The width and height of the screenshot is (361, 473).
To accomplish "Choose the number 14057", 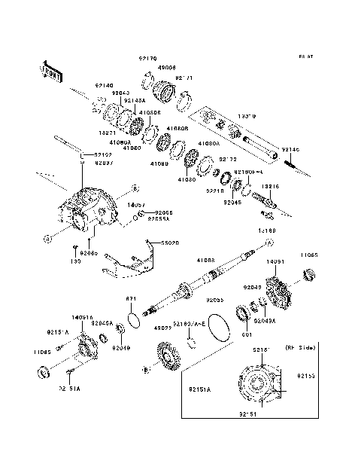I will [135, 204].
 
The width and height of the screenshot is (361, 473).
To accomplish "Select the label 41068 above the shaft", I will [206, 259].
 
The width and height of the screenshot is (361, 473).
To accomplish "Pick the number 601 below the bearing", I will [245, 335].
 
